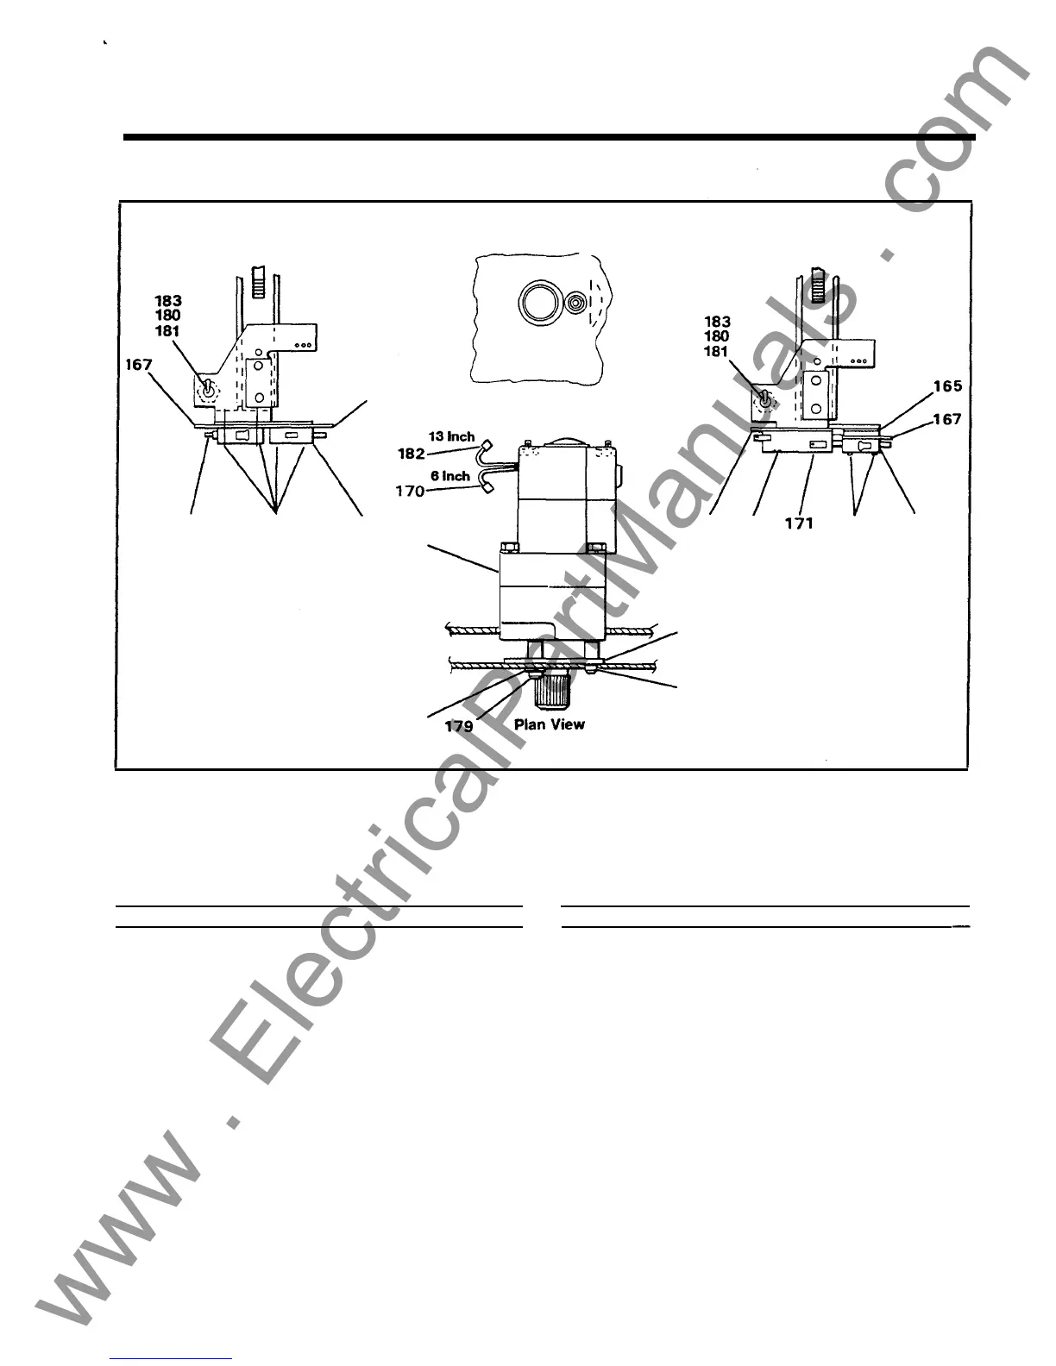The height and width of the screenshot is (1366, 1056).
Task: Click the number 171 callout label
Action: (x=799, y=523)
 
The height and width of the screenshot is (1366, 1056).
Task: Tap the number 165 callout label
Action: (x=946, y=386)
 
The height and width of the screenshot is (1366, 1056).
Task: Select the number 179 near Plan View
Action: (x=459, y=726)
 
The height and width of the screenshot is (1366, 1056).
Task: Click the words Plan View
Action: (x=549, y=724)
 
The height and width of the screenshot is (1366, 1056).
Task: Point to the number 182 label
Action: (x=412, y=454)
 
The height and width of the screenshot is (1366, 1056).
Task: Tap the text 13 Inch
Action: (x=451, y=437)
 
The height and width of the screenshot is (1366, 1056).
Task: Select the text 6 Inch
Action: (x=450, y=476)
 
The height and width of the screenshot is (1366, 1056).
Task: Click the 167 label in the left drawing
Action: (x=138, y=365)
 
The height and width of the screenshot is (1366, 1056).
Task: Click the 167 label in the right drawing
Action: (x=946, y=420)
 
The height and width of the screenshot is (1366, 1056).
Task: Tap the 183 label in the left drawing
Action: (x=168, y=300)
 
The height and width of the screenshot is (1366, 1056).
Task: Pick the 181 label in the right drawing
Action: (x=716, y=351)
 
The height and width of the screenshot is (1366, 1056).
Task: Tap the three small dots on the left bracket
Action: (x=304, y=344)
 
